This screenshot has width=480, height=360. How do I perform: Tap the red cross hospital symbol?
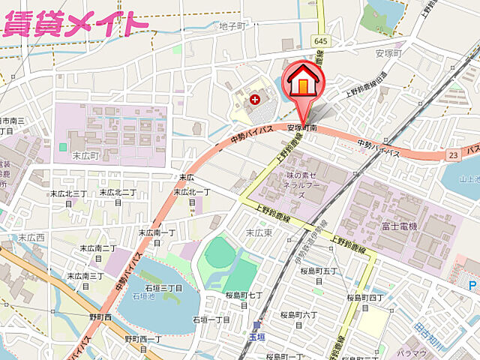255,98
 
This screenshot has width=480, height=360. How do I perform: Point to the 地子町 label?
232,26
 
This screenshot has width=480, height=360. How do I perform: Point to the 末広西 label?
31,238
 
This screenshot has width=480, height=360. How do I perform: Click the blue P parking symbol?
472,286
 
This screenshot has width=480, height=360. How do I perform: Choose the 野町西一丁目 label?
143,344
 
